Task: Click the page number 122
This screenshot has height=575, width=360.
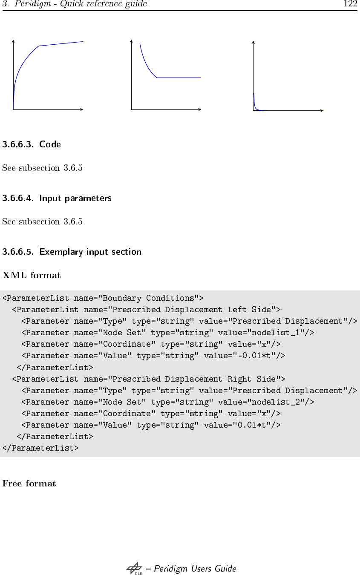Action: [x=350, y=4]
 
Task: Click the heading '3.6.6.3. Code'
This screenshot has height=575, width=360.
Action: [x=32, y=144]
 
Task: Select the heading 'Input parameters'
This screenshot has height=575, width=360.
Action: [x=75, y=198]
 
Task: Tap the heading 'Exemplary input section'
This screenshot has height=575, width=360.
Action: [x=90, y=252]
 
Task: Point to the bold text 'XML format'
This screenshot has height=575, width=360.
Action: [x=32, y=275]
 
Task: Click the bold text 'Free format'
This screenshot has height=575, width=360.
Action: [x=29, y=483]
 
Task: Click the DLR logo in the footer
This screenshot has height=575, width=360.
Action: [x=135, y=569]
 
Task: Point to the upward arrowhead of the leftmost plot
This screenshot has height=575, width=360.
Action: [x=14, y=41]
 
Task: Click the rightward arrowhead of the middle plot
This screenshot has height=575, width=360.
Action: [x=199, y=109]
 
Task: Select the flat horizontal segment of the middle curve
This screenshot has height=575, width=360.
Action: [x=179, y=78]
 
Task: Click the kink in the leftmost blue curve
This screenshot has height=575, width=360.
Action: [x=39, y=46]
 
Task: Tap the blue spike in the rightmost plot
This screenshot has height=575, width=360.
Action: [x=254, y=100]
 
